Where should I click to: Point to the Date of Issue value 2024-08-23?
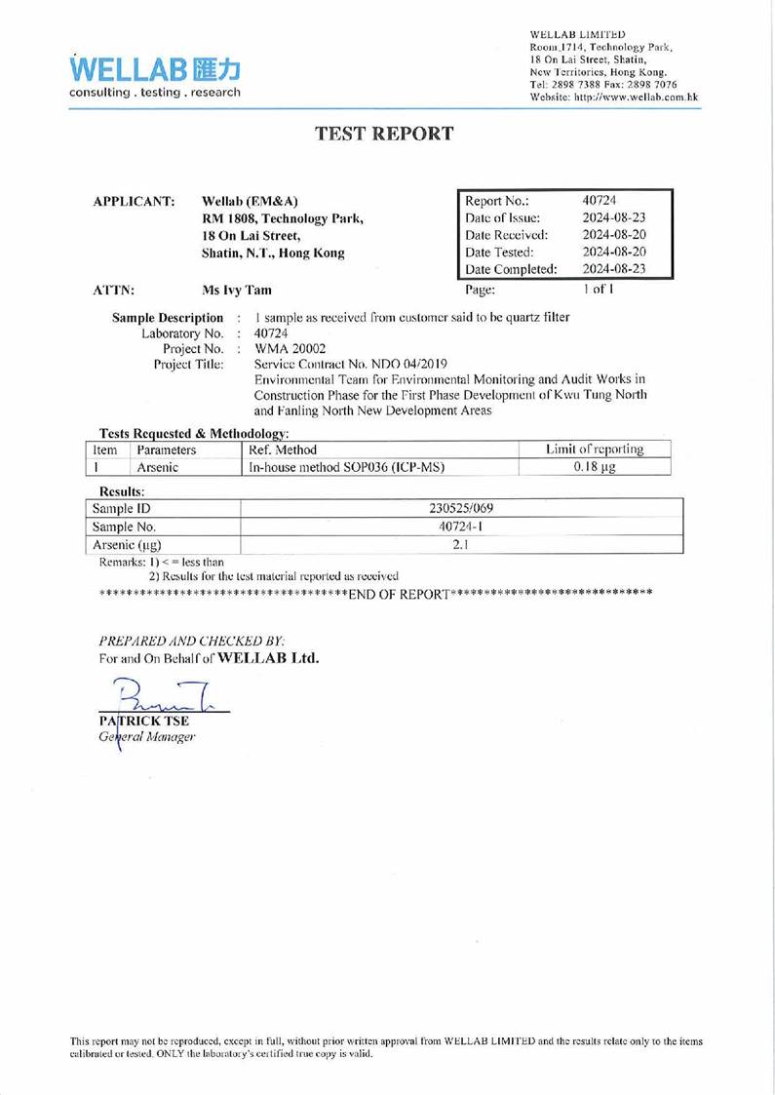tap(612, 216)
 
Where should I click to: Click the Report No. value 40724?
tap(598, 198)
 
